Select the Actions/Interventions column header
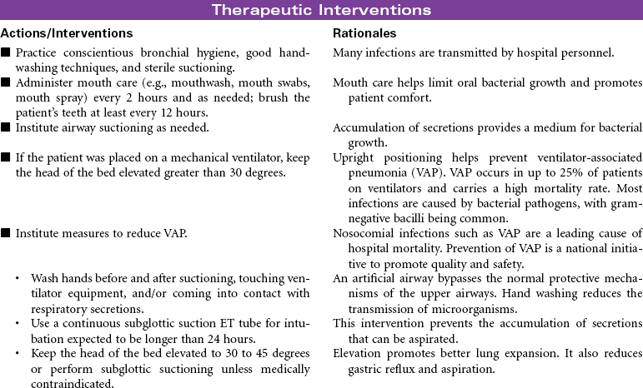point(67,33)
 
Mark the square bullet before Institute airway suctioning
point(6,127)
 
